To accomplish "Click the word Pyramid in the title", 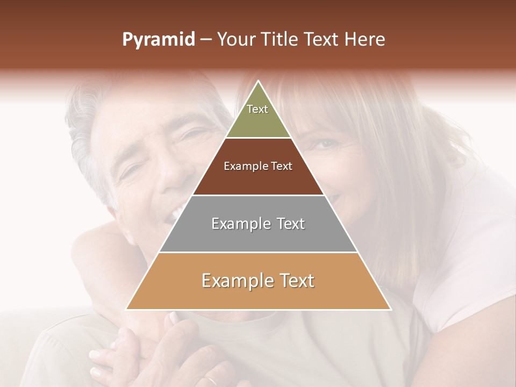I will pyautogui.click(x=159, y=40).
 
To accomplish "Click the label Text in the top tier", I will pyautogui.click(x=257, y=109).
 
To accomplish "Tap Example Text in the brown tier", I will pyautogui.click(x=258, y=166).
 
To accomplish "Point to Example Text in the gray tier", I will pyautogui.click(x=258, y=224).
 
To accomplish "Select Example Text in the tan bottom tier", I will pyautogui.click(x=258, y=281).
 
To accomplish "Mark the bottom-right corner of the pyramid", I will pyautogui.click(x=390, y=309).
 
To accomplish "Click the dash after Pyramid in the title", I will pyautogui.click(x=205, y=40).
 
